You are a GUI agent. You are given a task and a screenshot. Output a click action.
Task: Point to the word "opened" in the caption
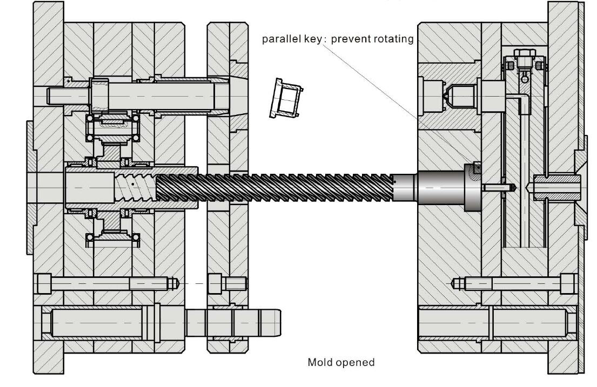pyautogui.click(x=355, y=362)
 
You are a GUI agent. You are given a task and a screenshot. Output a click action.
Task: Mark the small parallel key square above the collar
pyautogui.click(x=475, y=168)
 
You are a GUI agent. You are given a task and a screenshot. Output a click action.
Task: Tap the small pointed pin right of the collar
pyautogui.click(x=497, y=188)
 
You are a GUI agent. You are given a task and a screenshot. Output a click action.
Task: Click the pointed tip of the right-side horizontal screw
pyautogui.click(x=455, y=282)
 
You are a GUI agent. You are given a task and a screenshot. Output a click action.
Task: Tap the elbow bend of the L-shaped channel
pyautogui.click(x=523, y=98)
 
